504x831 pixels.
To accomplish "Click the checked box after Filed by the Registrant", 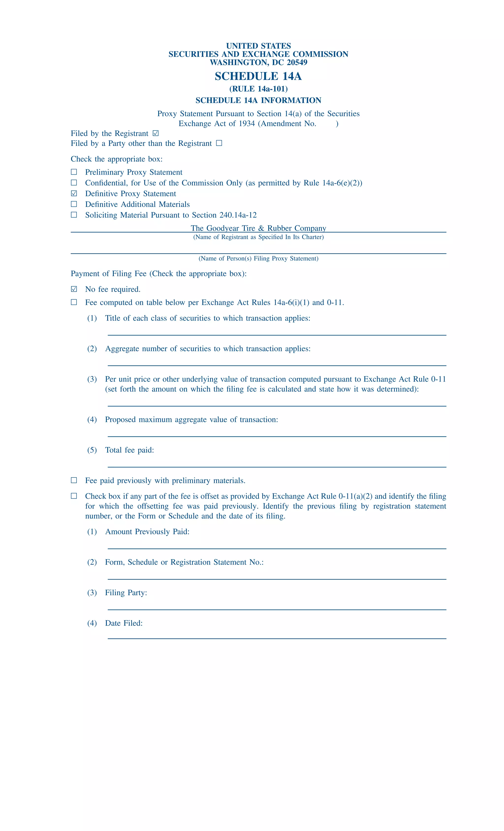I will pyautogui.click(x=156, y=134).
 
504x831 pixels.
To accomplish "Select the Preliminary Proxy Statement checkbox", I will pyautogui.click(x=74, y=172).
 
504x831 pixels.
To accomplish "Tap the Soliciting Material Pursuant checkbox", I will pyautogui.click(x=74, y=215).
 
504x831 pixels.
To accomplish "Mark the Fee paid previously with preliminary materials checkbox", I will pyautogui.click(x=74, y=480).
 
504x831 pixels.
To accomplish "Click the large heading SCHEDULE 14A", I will pyautogui.click(x=258, y=76).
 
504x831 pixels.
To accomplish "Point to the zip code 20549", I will pyautogui.click(x=297, y=62).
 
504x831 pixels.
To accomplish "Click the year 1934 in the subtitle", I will pyautogui.click(x=247, y=124).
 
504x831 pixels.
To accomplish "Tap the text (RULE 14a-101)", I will pyautogui.click(x=258, y=89).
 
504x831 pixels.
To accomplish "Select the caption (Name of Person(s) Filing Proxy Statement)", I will pyautogui.click(x=258, y=259).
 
